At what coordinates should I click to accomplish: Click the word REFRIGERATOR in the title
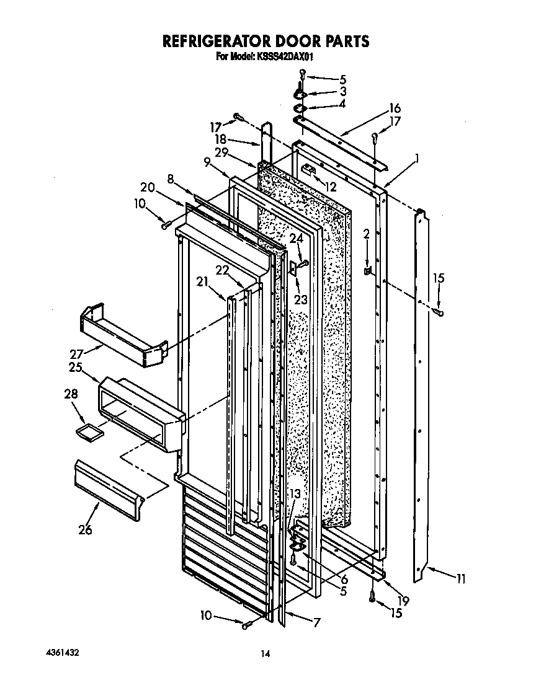pyautogui.click(x=215, y=41)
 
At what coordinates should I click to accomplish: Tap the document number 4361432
pyautogui.click(x=62, y=653)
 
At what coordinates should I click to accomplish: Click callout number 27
pyautogui.click(x=77, y=354)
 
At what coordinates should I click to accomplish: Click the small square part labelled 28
pyautogui.click(x=90, y=432)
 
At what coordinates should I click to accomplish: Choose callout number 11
pyautogui.click(x=460, y=580)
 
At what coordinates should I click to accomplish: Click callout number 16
pyautogui.click(x=395, y=107)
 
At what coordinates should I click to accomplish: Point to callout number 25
pyautogui.click(x=77, y=368)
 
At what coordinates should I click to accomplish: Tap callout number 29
pyautogui.click(x=221, y=152)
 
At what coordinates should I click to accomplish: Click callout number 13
pyautogui.click(x=295, y=493)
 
